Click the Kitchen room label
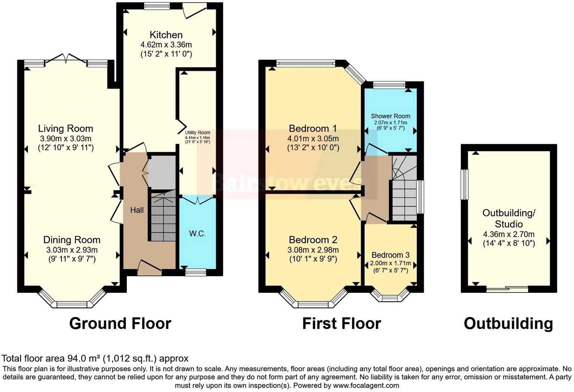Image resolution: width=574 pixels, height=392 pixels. tap(166, 35)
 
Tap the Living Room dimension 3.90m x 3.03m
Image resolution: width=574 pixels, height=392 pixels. tap(66, 138)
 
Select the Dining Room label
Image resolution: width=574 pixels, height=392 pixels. tap(72, 240)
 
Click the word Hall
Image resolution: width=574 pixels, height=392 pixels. tap(137, 210)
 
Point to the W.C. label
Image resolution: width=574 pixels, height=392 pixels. tap(197, 234)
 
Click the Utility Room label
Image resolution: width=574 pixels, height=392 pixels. tap(197, 133)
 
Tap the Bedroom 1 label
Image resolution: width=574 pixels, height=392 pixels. tap(313, 128)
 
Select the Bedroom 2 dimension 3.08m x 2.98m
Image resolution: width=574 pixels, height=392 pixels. tap(313, 250)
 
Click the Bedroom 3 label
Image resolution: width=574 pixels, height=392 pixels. tap(390, 255)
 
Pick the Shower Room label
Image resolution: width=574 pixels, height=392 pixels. tap(390, 116)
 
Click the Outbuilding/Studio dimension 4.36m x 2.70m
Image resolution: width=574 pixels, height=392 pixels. tap(509, 234)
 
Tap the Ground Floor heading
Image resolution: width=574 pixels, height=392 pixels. tap(120, 323)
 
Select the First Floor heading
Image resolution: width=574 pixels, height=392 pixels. tap(341, 323)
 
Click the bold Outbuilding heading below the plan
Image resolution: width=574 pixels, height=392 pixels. tap(508, 323)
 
